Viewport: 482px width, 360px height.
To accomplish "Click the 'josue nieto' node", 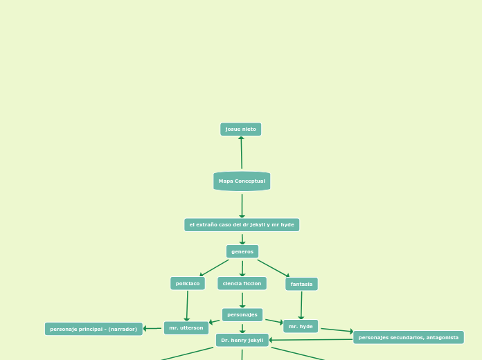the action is [x=240, y=129].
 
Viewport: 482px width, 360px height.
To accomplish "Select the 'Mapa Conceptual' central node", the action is [x=242, y=181].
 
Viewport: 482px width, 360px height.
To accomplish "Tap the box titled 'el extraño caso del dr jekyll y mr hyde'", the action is [x=242, y=225].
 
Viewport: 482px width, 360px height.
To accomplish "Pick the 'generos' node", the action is [x=242, y=251].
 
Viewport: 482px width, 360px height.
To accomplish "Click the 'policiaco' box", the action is [x=188, y=283].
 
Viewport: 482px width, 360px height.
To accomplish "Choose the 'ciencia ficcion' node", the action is [x=242, y=283].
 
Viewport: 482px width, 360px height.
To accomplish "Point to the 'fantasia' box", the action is [x=301, y=284].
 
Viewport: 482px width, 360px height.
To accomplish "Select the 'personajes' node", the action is [x=242, y=315].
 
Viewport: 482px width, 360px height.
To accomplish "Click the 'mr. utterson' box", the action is [x=186, y=328].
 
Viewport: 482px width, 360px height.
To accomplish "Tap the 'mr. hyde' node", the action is [x=301, y=326].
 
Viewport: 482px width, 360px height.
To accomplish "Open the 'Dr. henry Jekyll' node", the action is [x=242, y=340].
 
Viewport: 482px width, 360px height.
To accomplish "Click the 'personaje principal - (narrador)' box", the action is [x=93, y=329].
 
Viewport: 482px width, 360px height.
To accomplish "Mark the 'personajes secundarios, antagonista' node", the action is [x=408, y=337].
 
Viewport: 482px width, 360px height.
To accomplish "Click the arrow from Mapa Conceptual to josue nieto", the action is [x=241, y=153].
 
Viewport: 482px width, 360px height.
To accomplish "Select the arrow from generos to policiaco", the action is [x=214, y=268].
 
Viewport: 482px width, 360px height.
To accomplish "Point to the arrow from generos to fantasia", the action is [x=274, y=268].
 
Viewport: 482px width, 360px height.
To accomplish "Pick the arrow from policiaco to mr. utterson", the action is [x=187, y=305].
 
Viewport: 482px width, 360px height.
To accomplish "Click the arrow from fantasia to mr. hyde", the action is [x=301, y=305].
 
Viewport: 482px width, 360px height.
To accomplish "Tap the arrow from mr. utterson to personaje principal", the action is [x=153, y=328].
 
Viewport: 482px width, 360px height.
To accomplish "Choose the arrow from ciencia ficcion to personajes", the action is [x=242, y=300].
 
